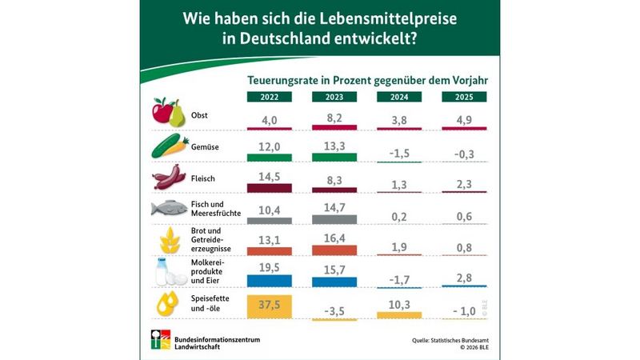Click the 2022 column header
pyautogui.click(x=269, y=97)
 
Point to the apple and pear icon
pyautogui.click(x=169, y=111)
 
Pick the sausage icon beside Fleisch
pyautogui.click(x=168, y=177)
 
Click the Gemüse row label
pyautogui.click(x=206, y=147)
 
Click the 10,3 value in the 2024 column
pyautogui.click(x=399, y=305)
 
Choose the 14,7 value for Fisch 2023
pyautogui.click(x=334, y=207)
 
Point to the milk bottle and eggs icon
pyautogui.click(x=170, y=273)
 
